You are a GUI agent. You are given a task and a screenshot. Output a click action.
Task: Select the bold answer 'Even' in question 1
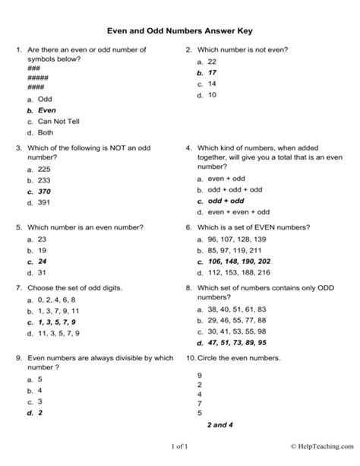[47, 109]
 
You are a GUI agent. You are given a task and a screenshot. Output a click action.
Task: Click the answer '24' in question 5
[43, 261]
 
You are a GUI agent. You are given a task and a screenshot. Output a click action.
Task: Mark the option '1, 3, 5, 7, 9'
[60, 322]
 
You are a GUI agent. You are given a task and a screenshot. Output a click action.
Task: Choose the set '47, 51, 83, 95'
[238, 322]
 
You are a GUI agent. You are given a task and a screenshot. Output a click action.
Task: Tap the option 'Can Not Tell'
[58, 121]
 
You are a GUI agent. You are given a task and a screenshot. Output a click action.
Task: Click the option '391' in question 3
[46, 203]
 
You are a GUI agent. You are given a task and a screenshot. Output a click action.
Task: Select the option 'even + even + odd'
[238, 213]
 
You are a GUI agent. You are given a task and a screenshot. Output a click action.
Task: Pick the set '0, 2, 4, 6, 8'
[58, 300]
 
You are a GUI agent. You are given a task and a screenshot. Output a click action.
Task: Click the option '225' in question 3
[46, 170]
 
